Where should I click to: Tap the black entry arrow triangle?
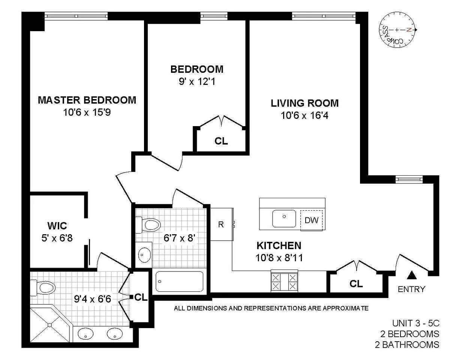[x=412, y=276]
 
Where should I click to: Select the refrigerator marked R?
[x=221, y=224]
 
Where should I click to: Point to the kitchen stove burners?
[x=284, y=281]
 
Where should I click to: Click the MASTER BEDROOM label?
[x=87, y=100]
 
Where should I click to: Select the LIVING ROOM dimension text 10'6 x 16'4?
[x=304, y=116]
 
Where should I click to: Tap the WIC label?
[x=57, y=226]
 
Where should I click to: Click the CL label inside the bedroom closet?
[x=221, y=141]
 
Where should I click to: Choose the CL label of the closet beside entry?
[x=356, y=284]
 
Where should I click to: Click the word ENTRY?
[x=411, y=289]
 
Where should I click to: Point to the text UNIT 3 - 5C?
[x=415, y=323]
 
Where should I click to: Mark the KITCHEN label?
[x=279, y=246]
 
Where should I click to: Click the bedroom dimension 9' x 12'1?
[x=196, y=81]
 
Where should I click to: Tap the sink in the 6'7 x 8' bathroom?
[x=143, y=255]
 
